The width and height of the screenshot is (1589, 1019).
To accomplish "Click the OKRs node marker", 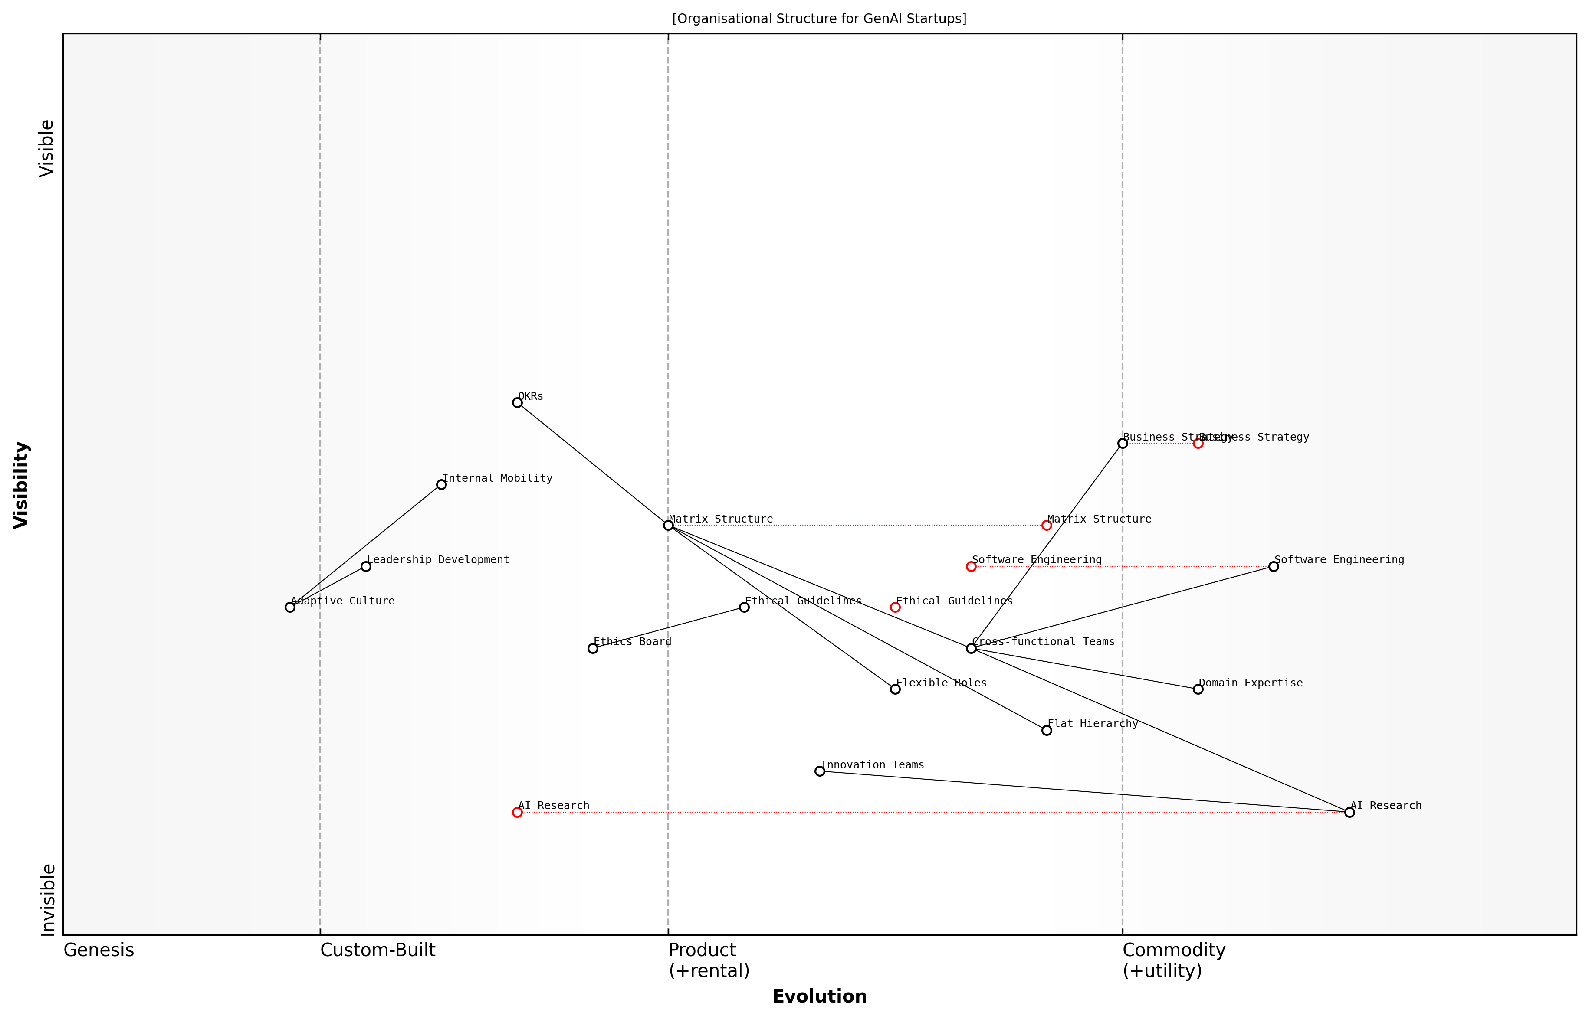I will click(517, 402).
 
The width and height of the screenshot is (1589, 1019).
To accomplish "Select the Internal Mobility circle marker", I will click(442, 484).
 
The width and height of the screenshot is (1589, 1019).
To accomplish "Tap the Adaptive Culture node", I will click(290, 607).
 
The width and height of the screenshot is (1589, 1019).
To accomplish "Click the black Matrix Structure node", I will click(668, 526).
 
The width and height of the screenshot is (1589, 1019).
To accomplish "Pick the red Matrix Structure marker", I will click(1047, 526).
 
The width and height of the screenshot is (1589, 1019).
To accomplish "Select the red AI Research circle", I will click(517, 812).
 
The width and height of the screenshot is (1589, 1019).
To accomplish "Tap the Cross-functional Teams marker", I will click(971, 648).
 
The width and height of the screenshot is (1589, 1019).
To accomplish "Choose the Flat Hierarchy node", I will click(1047, 731).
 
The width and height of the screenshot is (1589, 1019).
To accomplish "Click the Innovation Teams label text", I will click(872, 765).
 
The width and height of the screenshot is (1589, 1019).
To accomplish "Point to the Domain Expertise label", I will click(1251, 683).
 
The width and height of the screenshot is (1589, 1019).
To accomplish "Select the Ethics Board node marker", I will click(593, 648).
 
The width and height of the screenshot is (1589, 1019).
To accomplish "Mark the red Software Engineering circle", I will click(971, 566).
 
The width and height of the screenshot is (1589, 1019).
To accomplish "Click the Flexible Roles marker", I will click(895, 689).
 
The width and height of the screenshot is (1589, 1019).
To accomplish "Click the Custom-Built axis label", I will click(378, 950).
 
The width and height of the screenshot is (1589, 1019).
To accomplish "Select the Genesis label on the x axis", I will click(98, 950).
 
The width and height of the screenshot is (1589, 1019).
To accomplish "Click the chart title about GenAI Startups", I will click(819, 19).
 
